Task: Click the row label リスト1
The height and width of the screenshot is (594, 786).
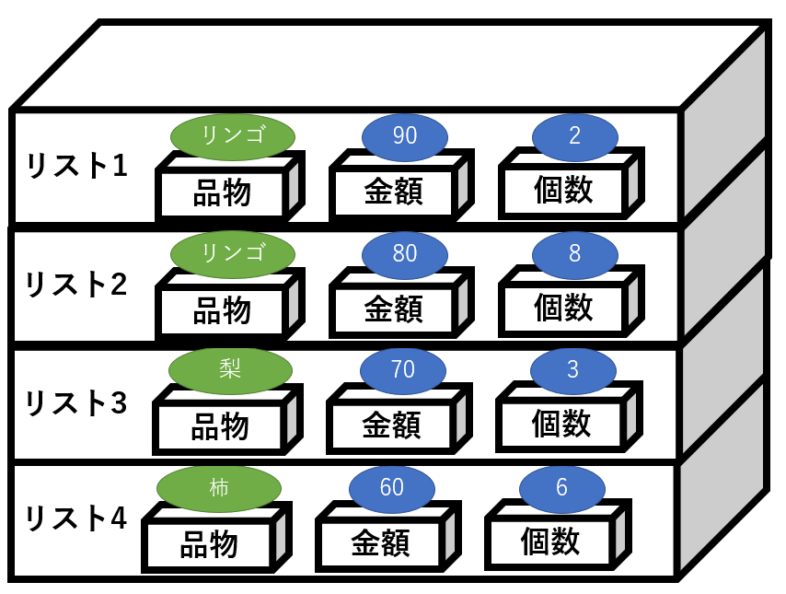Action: (76, 167)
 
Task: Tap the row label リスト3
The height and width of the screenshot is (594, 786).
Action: (76, 402)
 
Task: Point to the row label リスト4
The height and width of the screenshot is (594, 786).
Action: (76, 518)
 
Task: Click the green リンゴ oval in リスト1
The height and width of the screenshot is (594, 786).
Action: (233, 135)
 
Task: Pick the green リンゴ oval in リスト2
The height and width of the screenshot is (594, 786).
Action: (233, 252)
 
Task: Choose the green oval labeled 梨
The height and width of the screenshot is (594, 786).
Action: (229, 369)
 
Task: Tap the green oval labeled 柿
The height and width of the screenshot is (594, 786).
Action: (218, 487)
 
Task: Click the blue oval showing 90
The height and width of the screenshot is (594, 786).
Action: (405, 136)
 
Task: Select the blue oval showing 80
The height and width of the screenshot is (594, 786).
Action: (405, 253)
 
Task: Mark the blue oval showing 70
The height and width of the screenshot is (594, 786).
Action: (402, 370)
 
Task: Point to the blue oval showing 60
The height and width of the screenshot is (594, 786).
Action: (392, 487)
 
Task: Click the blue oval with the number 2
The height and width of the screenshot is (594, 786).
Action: (574, 136)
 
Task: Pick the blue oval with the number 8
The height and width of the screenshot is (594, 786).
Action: (574, 253)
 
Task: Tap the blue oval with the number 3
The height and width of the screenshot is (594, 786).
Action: (572, 370)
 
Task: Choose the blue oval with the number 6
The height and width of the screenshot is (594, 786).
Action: (561, 487)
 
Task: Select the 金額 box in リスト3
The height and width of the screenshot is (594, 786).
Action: (391, 425)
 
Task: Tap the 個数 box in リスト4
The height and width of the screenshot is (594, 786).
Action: (549, 542)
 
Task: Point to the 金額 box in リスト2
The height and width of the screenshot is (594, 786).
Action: (393, 309)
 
